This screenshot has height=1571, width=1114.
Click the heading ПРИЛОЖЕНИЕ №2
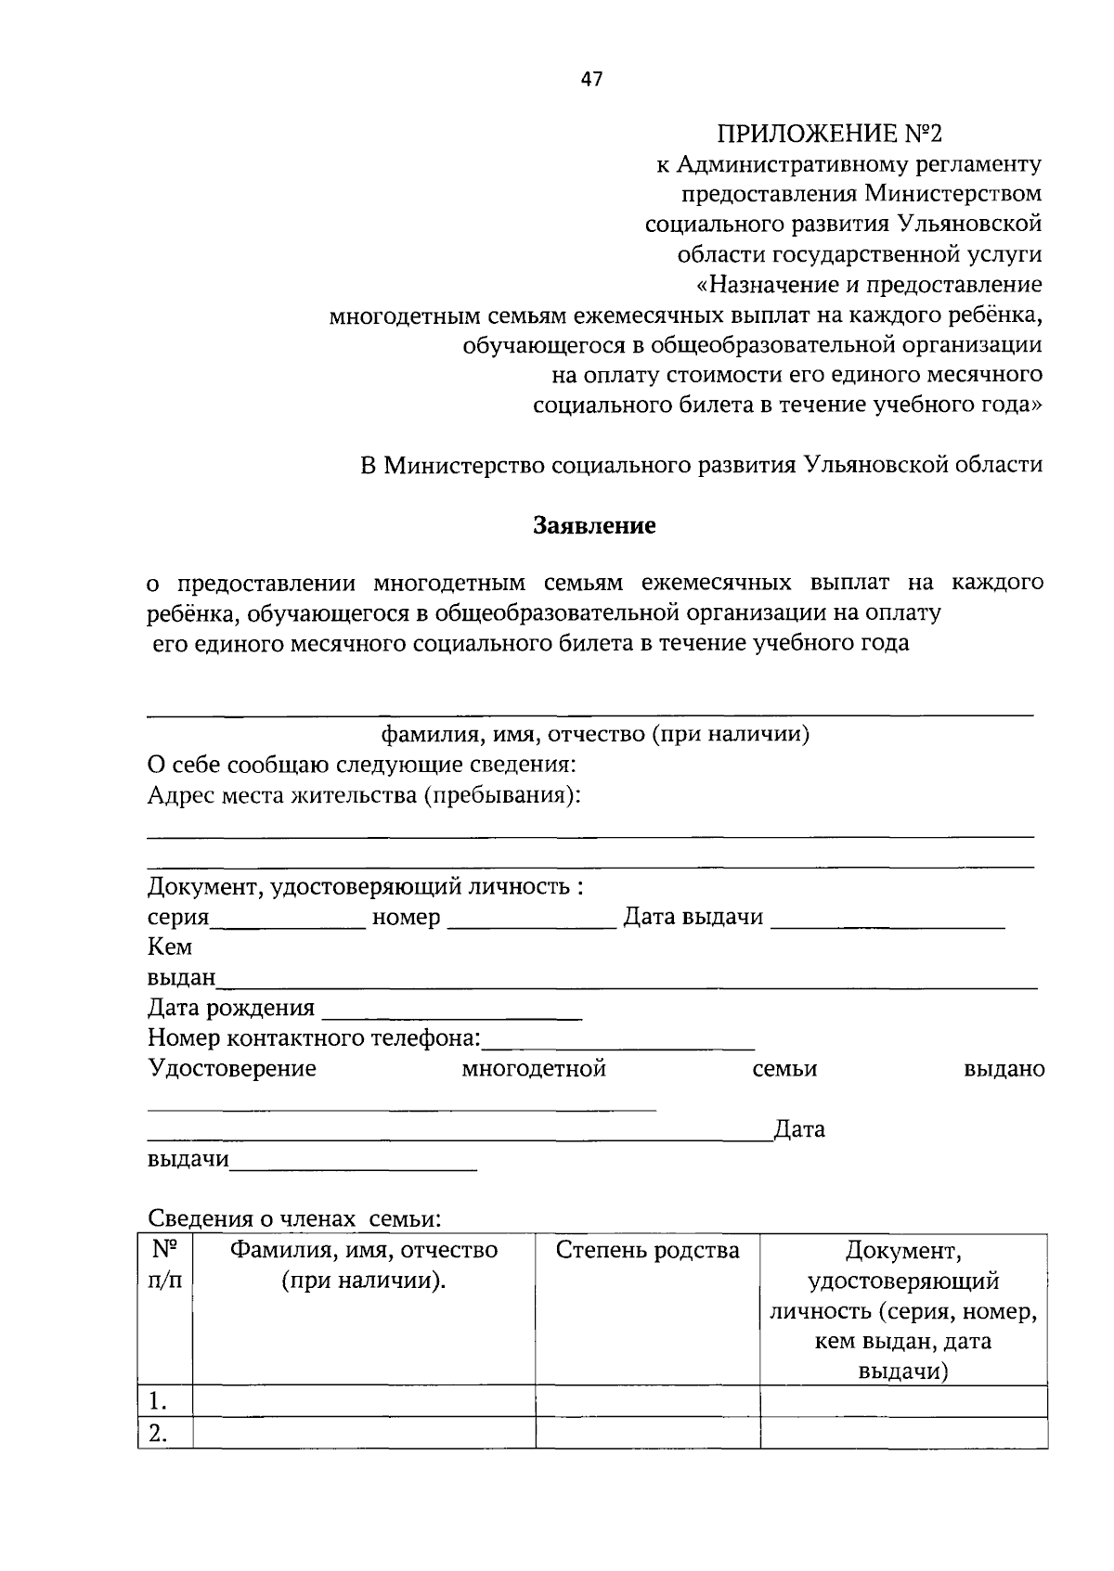point(828,134)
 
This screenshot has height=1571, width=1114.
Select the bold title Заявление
point(594,526)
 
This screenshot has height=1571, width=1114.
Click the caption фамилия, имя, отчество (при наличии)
point(595,735)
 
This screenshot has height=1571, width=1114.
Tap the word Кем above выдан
point(170,947)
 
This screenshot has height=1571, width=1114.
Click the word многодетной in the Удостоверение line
point(534,1069)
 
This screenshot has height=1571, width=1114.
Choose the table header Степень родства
point(647,1251)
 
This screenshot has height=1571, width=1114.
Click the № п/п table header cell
point(164,1266)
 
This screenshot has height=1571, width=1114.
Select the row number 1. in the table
point(159,1401)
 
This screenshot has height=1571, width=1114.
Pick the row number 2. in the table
point(159,1435)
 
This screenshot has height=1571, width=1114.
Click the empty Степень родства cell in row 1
point(647,1401)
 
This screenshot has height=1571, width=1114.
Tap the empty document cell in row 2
point(903,1435)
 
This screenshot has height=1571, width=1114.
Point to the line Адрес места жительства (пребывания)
point(364,796)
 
